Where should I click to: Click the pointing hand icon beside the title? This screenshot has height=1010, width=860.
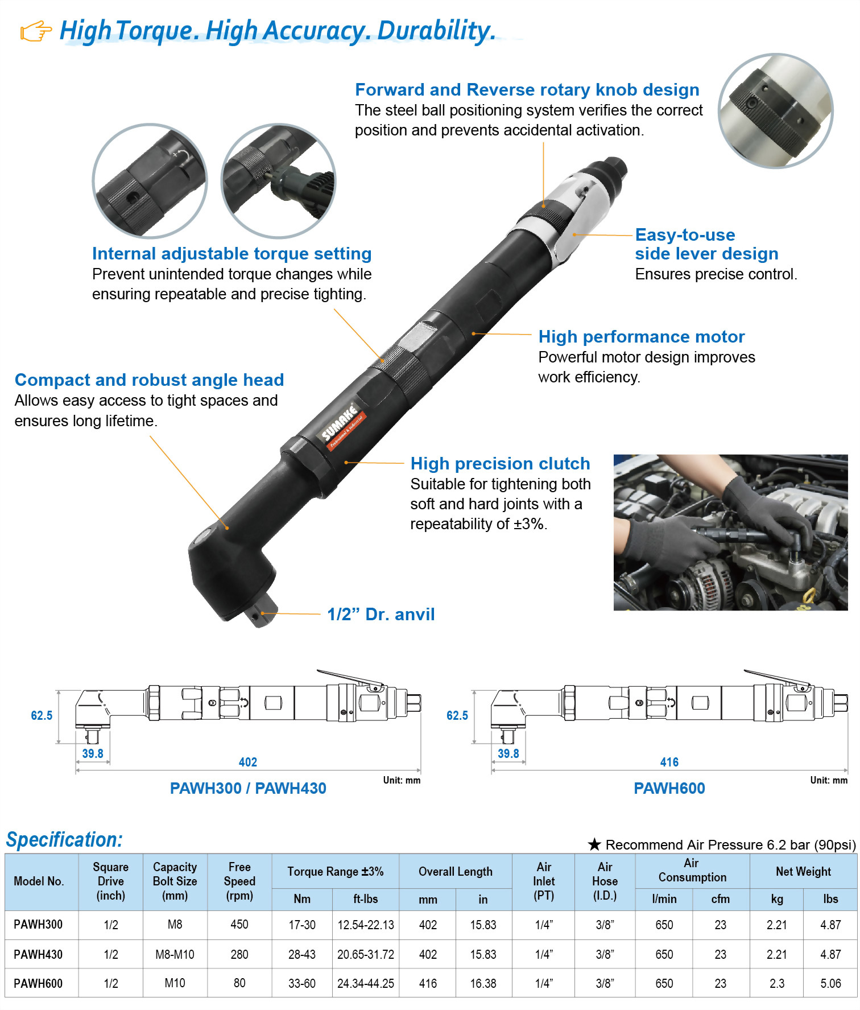[x=35, y=31]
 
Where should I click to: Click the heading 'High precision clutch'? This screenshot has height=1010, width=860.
[x=500, y=464]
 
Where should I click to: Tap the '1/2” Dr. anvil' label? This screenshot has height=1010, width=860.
[x=381, y=615]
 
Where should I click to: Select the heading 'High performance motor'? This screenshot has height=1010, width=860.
[x=641, y=337]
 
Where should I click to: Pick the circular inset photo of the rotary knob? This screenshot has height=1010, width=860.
[x=775, y=111]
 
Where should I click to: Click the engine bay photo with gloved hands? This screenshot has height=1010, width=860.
[x=730, y=532]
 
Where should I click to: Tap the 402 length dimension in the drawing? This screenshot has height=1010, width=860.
[x=248, y=762]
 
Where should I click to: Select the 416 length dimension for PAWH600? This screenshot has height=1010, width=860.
[x=669, y=762]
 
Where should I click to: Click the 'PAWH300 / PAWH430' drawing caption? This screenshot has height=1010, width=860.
[x=248, y=789]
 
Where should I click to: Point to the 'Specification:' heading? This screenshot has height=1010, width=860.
[x=64, y=840]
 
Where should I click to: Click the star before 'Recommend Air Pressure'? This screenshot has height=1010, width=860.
[x=594, y=844]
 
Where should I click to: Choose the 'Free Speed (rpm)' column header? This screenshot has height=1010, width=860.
[x=239, y=881]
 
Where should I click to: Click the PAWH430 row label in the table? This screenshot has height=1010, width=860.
[x=38, y=954]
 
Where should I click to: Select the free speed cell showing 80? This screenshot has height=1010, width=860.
[x=239, y=983]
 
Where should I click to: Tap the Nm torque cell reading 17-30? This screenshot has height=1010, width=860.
[x=302, y=925]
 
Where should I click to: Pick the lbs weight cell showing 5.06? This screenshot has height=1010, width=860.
[x=830, y=983]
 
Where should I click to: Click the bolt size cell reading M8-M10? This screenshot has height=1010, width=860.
[x=175, y=954]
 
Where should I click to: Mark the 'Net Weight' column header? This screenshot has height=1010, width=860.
[x=803, y=872]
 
